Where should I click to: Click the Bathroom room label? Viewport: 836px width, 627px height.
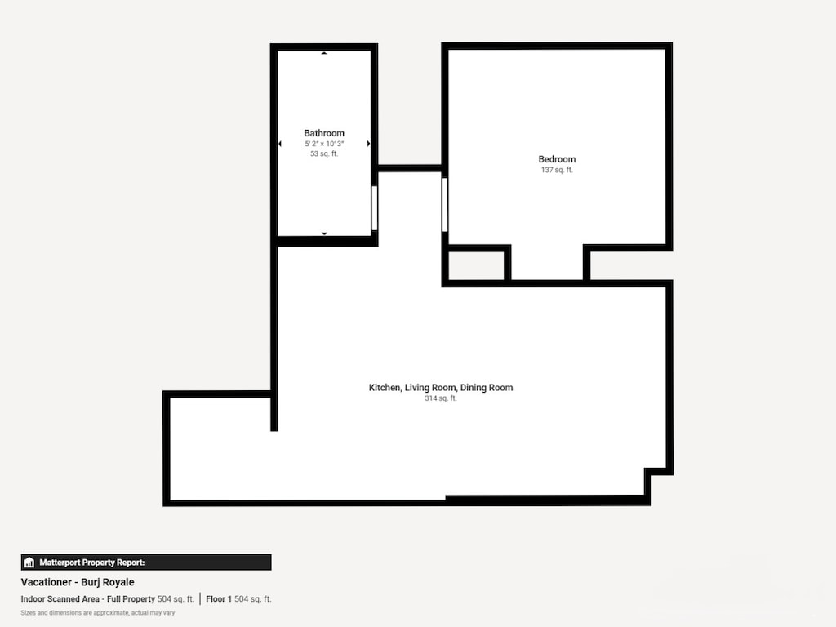click(324, 133)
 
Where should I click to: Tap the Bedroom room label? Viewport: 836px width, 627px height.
click(557, 159)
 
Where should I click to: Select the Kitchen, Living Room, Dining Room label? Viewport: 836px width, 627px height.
click(441, 388)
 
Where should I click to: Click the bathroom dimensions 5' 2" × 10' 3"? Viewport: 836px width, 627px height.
click(324, 144)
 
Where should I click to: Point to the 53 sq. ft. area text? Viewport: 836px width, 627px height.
click(324, 153)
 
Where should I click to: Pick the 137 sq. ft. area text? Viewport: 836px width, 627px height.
click(557, 170)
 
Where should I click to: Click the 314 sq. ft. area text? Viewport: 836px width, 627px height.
click(441, 398)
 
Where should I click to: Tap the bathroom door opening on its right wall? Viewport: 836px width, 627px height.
click(374, 208)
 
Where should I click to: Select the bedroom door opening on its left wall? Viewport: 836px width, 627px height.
click(445, 205)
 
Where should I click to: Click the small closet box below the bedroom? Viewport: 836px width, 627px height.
click(476, 265)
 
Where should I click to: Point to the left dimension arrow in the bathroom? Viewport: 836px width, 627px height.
click(280, 144)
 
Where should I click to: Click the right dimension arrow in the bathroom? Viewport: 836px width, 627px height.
click(368, 144)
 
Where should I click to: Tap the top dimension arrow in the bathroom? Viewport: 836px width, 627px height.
click(324, 53)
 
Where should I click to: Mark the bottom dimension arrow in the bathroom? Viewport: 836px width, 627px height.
click(324, 233)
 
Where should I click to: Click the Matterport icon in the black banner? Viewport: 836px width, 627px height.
click(29, 563)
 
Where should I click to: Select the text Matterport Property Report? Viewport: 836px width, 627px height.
click(91, 563)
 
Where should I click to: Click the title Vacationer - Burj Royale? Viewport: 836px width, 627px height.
click(78, 582)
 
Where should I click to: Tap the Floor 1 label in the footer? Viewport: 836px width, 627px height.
click(219, 599)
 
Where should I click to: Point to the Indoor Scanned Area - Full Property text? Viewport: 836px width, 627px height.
click(87, 599)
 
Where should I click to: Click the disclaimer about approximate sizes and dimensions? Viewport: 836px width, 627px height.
click(97, 612)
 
